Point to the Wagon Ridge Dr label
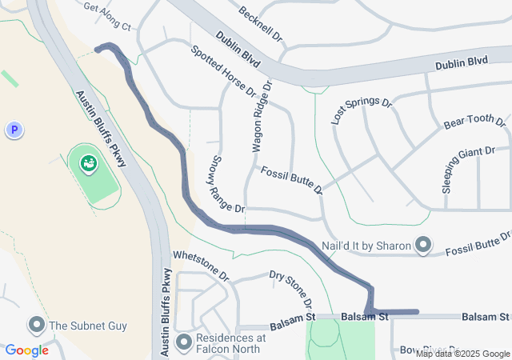pos(262,115)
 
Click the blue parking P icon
pos(13,129)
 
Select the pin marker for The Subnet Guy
pos(36,325)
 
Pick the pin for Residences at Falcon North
pos(185,342)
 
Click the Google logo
pos(27,350)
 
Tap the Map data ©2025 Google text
pos(462,354)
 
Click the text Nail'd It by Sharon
pos(366,246)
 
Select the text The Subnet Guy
pos(88,326)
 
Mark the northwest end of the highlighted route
pos(98,49)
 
